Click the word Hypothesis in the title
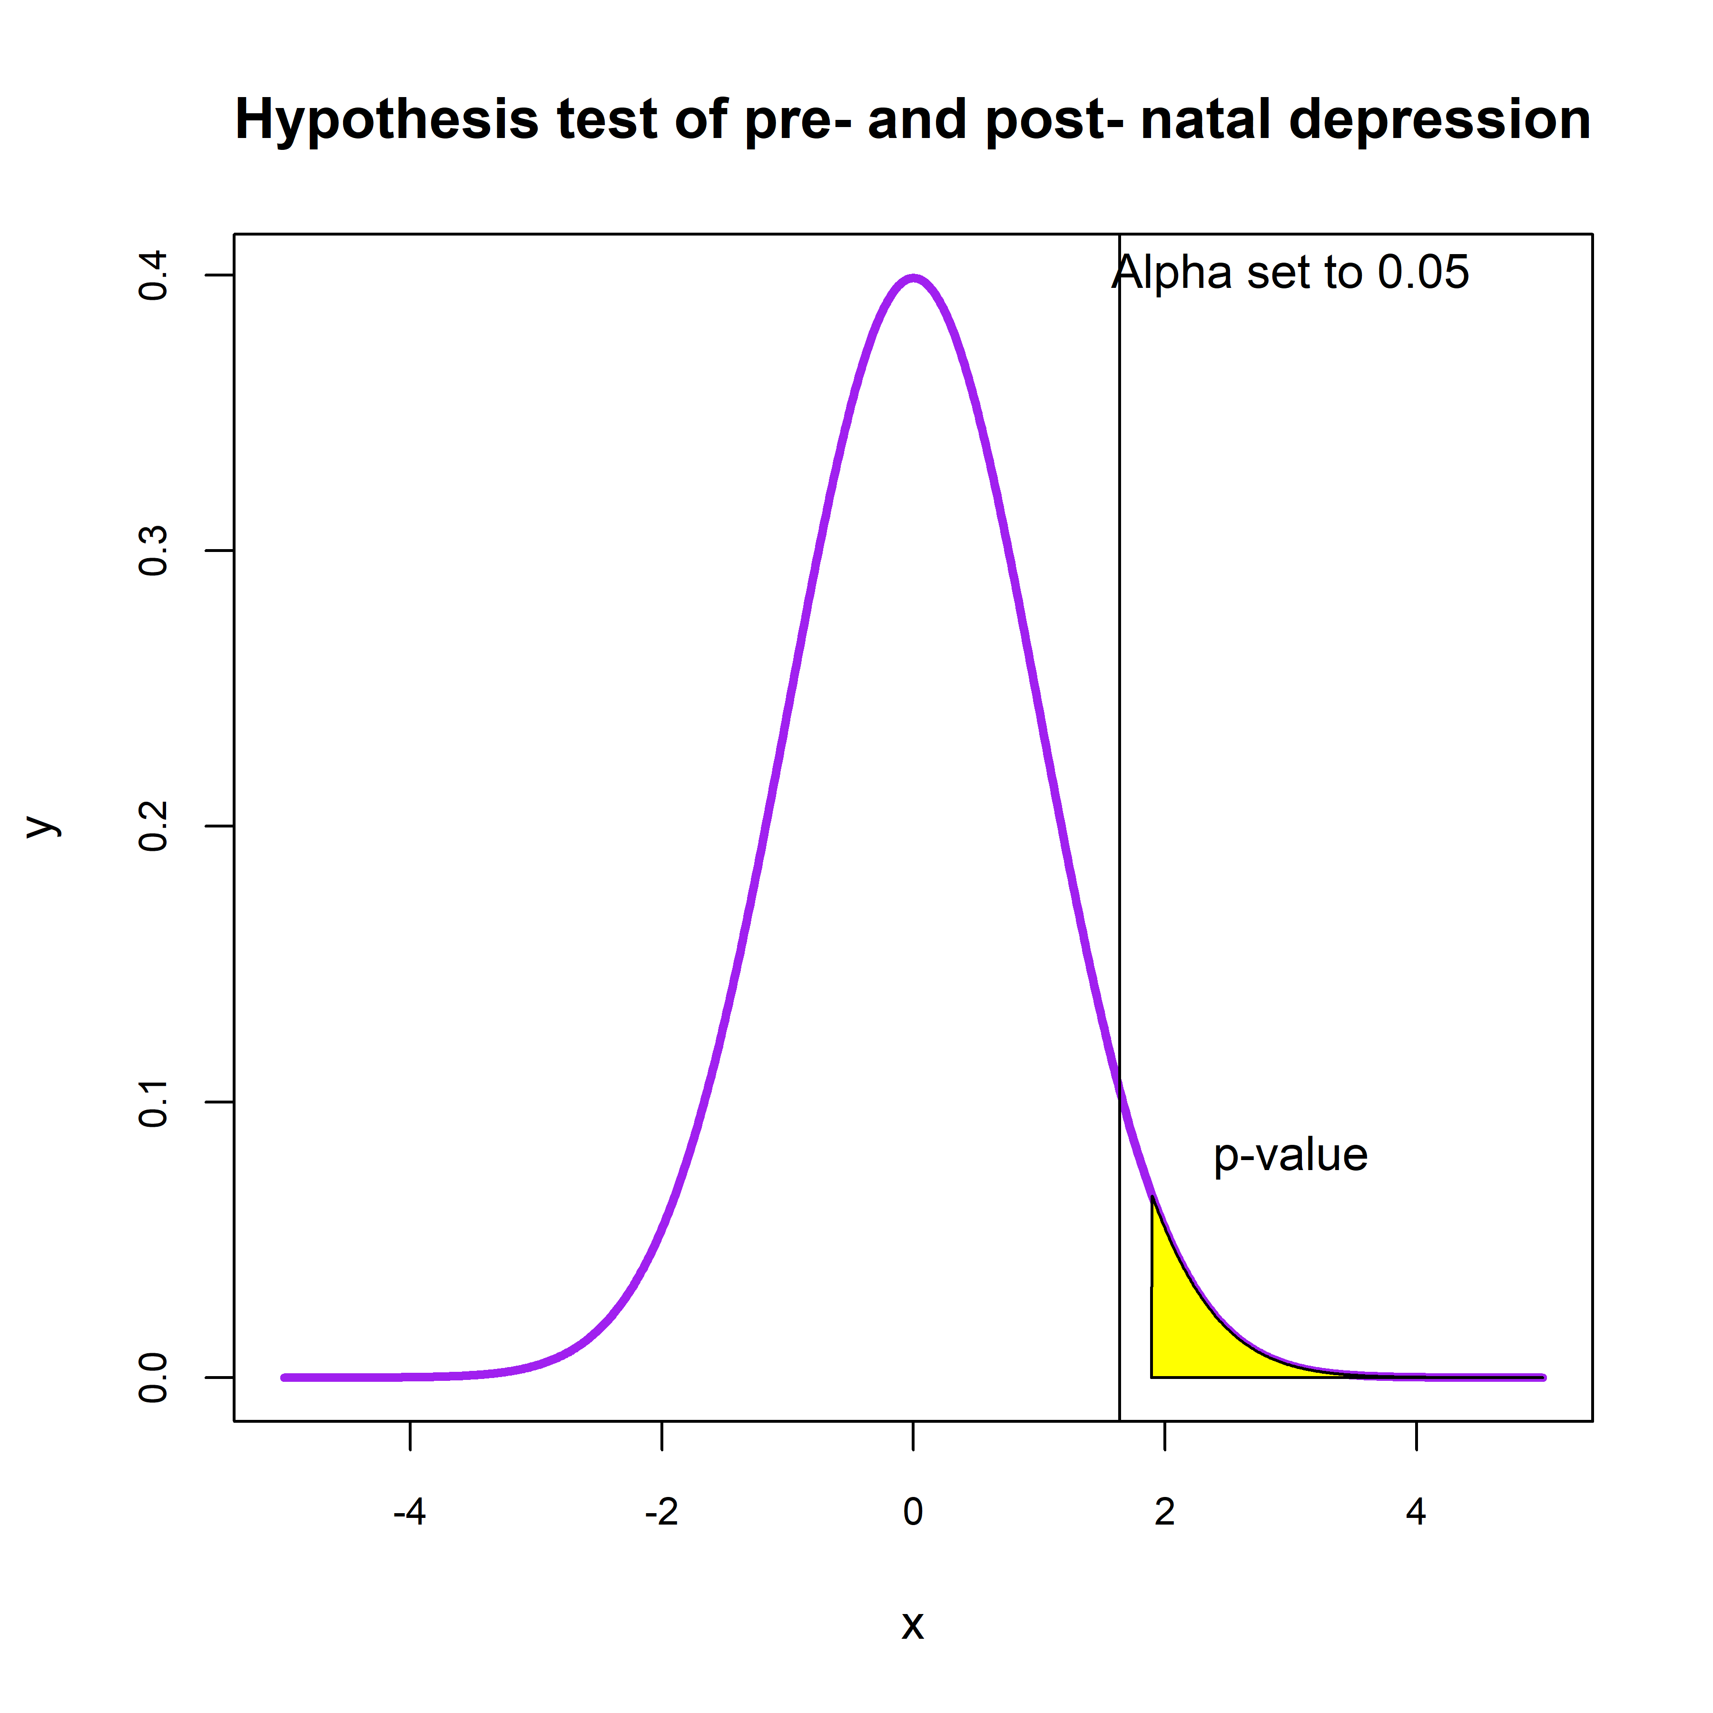[386, 120]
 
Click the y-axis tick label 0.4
[154, 276]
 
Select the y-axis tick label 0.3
[154, 551]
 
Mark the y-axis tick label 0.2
[154, 827]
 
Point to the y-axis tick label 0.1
[154, 1102]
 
